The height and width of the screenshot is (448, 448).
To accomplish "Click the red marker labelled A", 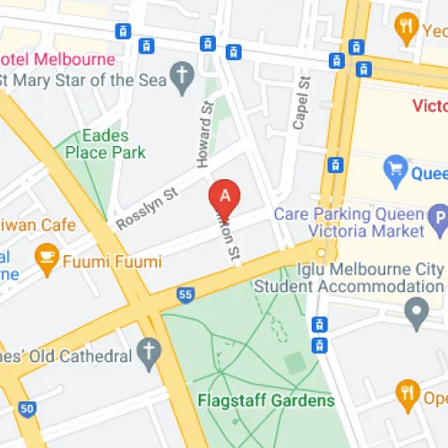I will (x=225, y=195).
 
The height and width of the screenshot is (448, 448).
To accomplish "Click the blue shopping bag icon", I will (x=395, y=168).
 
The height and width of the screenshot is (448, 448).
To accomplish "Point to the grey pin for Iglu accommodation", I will (x=415, y=313).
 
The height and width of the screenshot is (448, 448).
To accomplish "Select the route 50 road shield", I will (x=28, y=409).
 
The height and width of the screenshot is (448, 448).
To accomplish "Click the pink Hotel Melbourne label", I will (x=58, y=59).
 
